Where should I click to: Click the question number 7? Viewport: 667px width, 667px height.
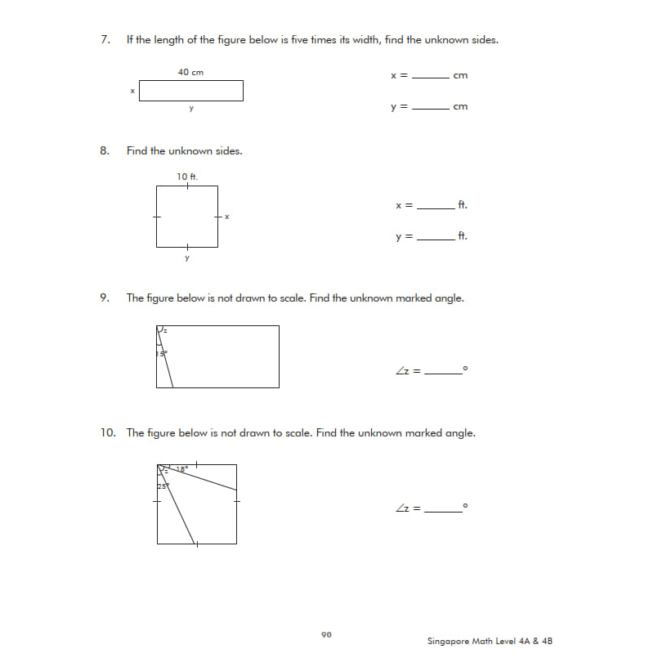pos(105,40)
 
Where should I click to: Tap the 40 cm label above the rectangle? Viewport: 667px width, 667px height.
pos(190,73)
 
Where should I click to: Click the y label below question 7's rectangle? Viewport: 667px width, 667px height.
pos(190,109)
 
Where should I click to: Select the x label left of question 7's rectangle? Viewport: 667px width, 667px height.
pos(132,91)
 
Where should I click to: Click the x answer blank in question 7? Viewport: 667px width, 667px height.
pos(431,78)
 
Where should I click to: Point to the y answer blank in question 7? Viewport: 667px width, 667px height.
pos(431,109)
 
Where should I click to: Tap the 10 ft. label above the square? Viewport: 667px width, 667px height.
pos(187,177)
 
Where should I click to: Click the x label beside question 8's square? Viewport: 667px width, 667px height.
pos(226,217)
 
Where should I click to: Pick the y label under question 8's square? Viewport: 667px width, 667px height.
pos(187,258)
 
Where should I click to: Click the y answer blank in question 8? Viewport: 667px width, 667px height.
pos(435,239)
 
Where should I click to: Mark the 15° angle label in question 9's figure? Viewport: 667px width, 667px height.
pos(162,354)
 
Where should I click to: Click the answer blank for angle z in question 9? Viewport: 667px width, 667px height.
pos(442,373)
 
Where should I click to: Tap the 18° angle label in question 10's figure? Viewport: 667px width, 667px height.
pos(181,469)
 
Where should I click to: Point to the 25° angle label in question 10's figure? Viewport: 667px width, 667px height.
pos(163,486)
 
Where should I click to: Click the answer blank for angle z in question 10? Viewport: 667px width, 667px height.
pos(442,510)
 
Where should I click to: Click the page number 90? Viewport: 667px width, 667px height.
pos(326,634)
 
